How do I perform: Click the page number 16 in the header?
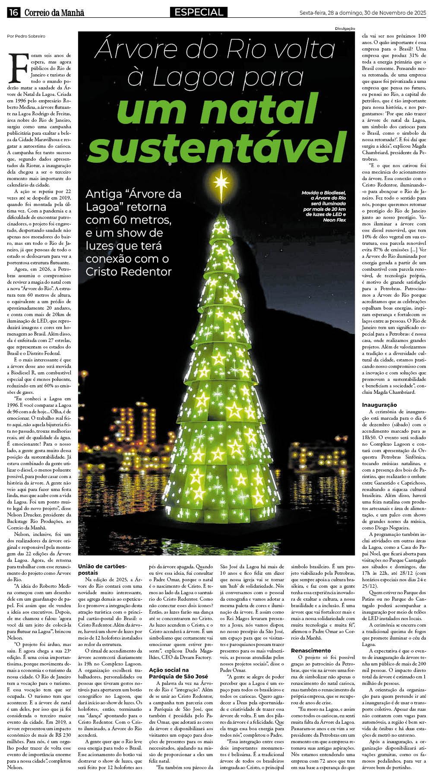[x=13, y=13]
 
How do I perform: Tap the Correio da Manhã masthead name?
[x=54, y=13]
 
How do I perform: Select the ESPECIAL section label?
[x=199, y=12]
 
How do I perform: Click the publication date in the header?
[x=363, y=13]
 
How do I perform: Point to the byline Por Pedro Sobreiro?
[x=26, y=36]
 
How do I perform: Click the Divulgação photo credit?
[x=345, y=29]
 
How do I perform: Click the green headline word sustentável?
[x=217, y=146]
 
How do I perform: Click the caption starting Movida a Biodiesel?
[x=323, y=206]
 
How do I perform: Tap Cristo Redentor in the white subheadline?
[x=128, y=272]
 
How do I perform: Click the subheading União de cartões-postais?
[x=102, y=569]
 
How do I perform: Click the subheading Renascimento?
[x=311, y=650]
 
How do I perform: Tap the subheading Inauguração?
[x=379, y=405]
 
